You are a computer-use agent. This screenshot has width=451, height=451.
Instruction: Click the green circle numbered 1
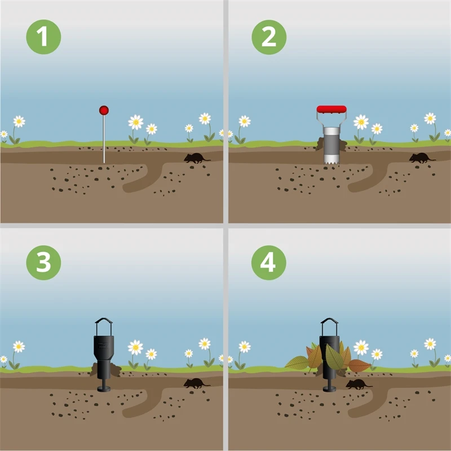[43, 37]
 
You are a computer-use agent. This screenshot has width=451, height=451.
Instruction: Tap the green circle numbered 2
[269, 37]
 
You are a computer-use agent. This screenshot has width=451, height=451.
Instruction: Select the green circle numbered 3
[43, 263]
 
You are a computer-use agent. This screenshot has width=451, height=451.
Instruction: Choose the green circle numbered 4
[269, 263]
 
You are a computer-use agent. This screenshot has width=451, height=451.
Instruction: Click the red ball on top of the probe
[104, 110]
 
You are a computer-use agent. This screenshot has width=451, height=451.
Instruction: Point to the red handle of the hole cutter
[331, 109]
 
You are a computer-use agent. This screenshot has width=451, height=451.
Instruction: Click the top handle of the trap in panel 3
[104, 320]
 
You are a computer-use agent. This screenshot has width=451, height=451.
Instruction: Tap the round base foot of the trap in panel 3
[104, 389]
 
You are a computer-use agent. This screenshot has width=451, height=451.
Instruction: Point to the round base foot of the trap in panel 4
[329, 389]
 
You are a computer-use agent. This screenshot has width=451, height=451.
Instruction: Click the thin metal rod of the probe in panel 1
[104, 139]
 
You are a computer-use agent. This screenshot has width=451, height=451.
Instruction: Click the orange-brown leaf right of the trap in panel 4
[360, 365]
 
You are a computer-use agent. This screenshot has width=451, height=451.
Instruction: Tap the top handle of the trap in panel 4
[329, 320]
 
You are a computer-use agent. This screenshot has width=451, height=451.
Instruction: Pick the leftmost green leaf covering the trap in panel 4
[297, 362]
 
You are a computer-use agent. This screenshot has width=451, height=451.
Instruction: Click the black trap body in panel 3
[104, 357]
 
